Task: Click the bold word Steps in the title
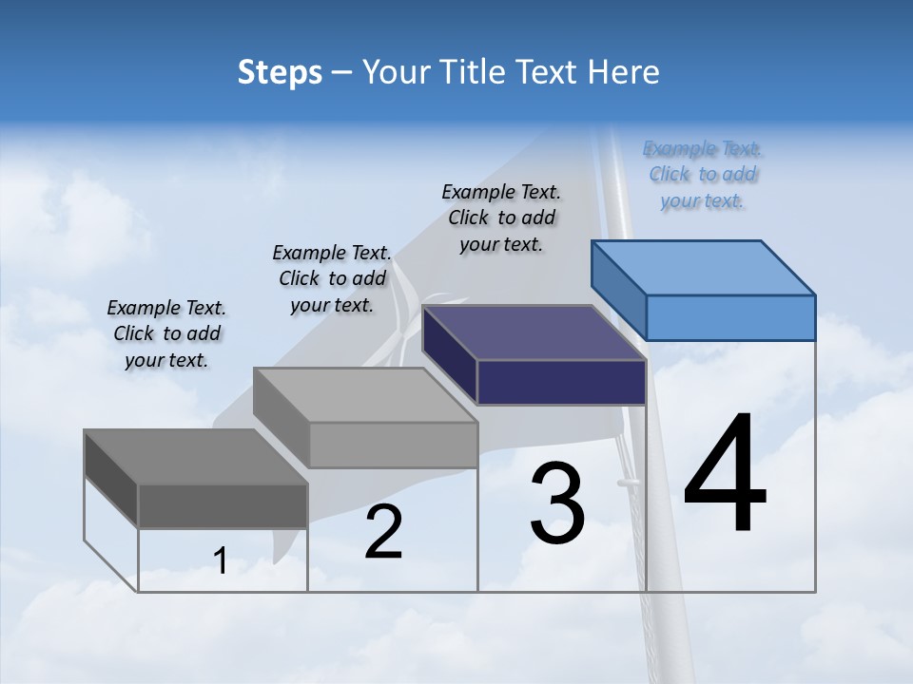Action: tap(280, 72)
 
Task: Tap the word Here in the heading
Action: tap(622, 72)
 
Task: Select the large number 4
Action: tap(725, 475)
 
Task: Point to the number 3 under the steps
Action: tap(557, 504)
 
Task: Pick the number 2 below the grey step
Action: tap(383, 532)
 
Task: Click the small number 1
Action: tap(221, 561)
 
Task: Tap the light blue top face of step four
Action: tap(704, 267)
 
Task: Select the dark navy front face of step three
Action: tap(561, 382)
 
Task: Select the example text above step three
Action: tap(501, 218)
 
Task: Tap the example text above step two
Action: tap(332, 279)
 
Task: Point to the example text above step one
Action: tap(166, 334)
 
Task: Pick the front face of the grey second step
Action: tap(393, 445)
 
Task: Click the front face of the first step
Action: tap(223, 505)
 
